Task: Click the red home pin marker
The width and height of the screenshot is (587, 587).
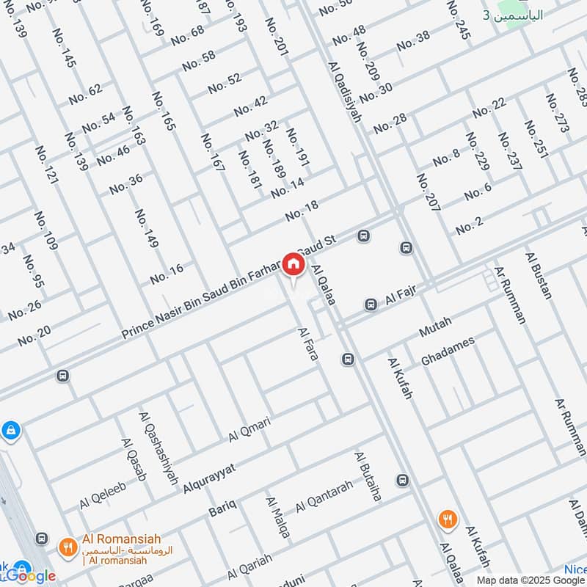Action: (x=293, y=264)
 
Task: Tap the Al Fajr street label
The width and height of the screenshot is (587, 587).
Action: (x=401, y=297)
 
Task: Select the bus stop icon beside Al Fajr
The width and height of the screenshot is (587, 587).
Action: (x=371, y=304)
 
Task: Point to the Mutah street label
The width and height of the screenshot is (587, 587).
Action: (x=435, y=327)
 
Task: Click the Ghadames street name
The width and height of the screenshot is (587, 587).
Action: (x=448, y=351)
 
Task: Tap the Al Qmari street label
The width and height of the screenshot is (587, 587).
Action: (x=249, y=429)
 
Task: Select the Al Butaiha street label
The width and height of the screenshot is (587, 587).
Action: (x=368, y=476)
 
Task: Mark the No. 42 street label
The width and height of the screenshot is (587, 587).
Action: (x=251, y=106)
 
